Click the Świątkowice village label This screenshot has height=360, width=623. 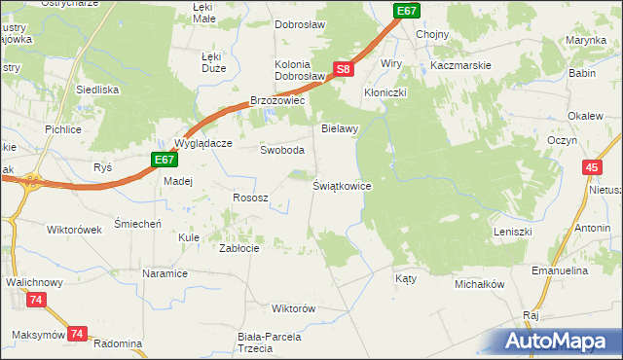click(342, 185)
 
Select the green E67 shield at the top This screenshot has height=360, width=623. click(408, 10)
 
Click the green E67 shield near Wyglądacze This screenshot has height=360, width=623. click(164, 160)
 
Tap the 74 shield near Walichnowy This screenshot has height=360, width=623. click(36, 301)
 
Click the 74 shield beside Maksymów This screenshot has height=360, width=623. click(78, 334)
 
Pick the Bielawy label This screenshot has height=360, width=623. click(341, 127)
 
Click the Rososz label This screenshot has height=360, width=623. click(249, 198)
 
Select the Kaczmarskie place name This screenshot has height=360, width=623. click(461, 64)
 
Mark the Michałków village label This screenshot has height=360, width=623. click(479, 284)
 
